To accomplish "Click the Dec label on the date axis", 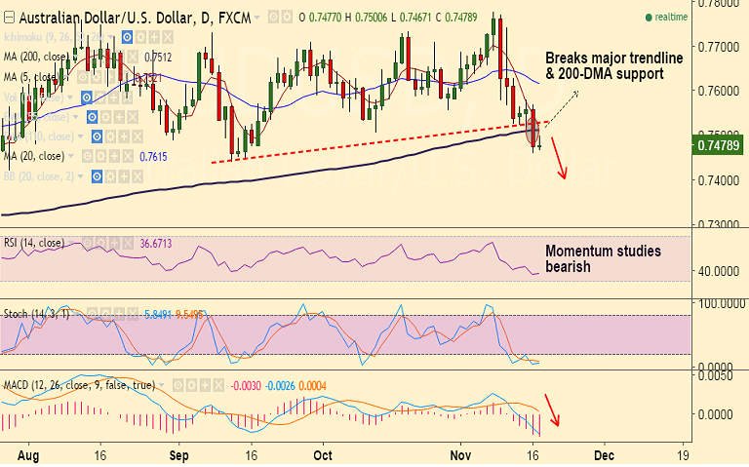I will coord(604,454).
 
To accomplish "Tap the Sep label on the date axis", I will coord(177,454).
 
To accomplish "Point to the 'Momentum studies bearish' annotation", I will coord(602,259).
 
